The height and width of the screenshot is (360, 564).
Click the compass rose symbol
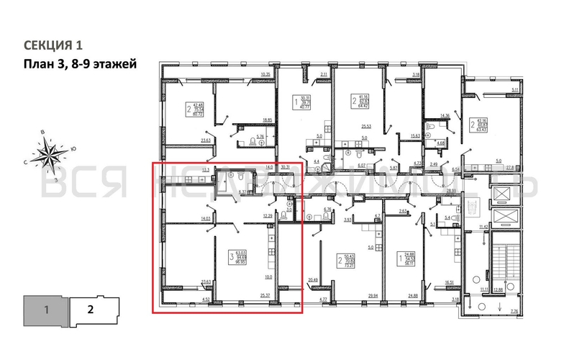click(x=51, y=154)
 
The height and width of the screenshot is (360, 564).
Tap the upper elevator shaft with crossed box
click(x=506, y=194)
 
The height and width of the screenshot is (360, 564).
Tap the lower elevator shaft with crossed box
click(x=506, y=218)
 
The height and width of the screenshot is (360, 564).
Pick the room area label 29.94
click(x=373, y=294)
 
